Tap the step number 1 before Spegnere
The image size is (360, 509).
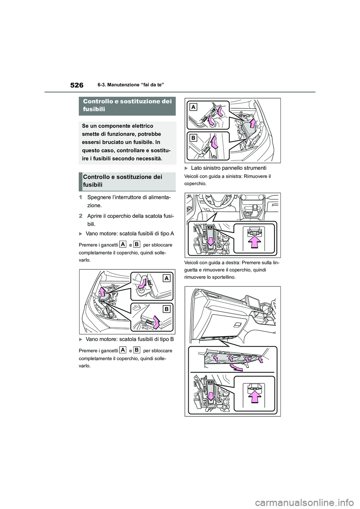pos(81,198)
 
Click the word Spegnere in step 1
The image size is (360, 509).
pos(98,198)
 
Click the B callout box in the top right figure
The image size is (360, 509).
pos(193,138)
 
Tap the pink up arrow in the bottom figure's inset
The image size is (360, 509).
pos(255,398)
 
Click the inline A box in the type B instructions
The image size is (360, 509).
pos(123,350)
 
